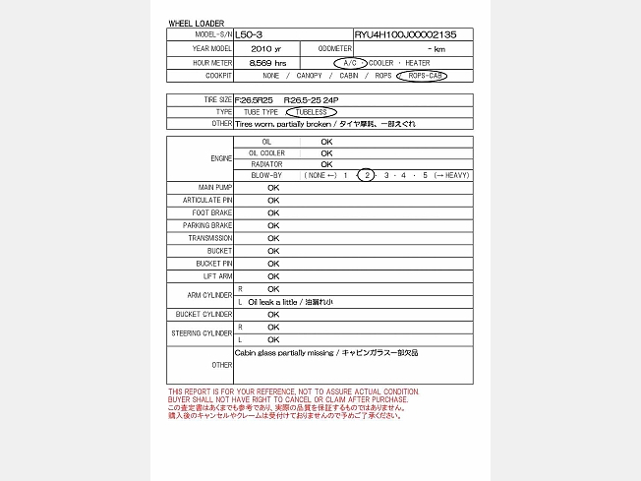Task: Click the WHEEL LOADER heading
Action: [x=197, y=23]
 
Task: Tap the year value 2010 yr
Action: [x=265, y=48]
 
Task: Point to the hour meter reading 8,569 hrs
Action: [x=267, y=62]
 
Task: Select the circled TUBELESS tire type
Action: [x=317, y=112]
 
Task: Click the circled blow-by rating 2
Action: [x=366, y=175]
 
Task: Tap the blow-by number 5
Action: [x=425, y=175]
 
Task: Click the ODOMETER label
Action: [x=335, y=48]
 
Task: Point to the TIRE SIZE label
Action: [x=217, y=99]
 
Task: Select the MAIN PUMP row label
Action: [x=215, y=187]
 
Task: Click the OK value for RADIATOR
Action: [x=326, y=164]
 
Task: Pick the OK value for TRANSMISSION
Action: [x=273, y=238]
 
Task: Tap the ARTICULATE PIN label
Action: [x=207, y=200]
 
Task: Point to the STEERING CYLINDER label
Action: [x=204, y=332]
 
